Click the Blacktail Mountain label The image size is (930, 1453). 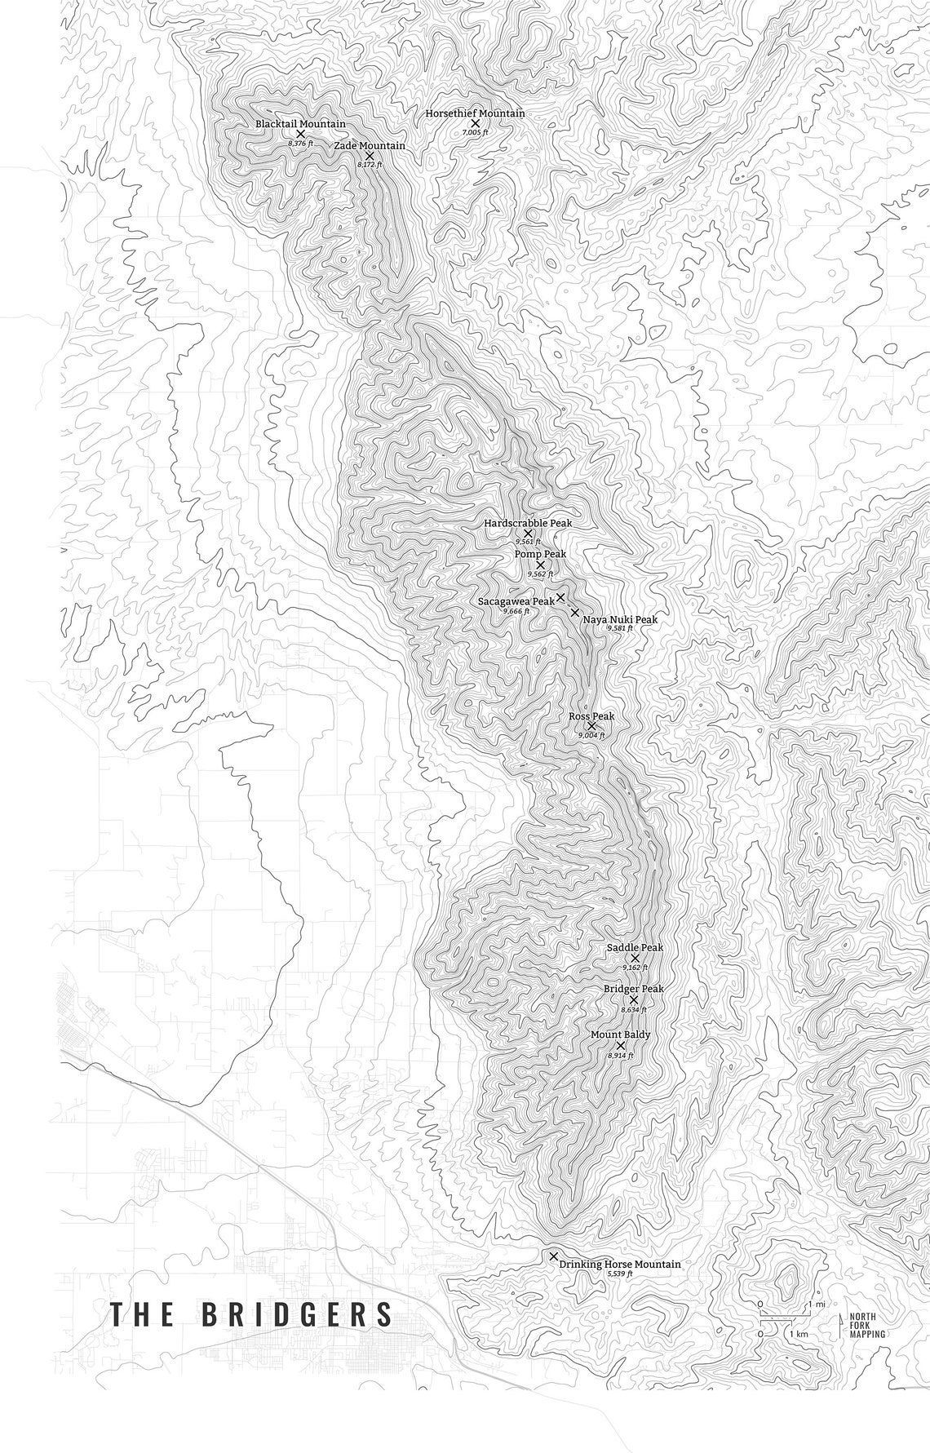tap(299, 124)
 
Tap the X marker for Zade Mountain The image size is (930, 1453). tap(370, 156)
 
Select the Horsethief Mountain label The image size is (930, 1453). tap(475, 113)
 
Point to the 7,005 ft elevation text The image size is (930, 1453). tap(475, 132)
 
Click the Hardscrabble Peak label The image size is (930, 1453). tap(528, 523)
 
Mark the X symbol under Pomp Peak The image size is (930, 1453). tap(540, 565)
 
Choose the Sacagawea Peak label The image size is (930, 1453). tap(516, 601)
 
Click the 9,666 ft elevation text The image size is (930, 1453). tap(516, 611)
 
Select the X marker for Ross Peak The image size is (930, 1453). tap(591, 725)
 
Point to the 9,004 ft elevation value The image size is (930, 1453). tap(591, 736)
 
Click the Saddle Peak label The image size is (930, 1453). tap(635, 948)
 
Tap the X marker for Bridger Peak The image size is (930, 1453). tap(634, 999)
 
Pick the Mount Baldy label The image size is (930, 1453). tap(620, 1034)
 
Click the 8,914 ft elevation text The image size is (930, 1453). tap(620, 1056)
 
